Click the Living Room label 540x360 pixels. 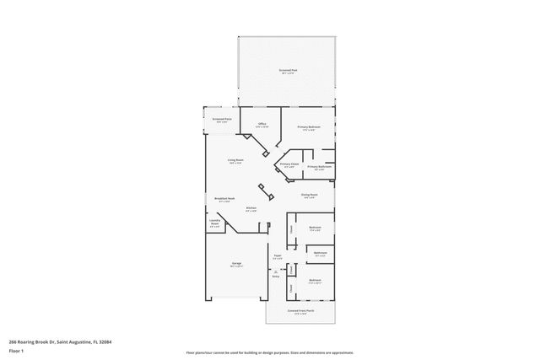pos(235,160)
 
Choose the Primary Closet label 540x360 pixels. pos(289,165)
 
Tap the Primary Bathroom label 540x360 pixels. pos(319,167)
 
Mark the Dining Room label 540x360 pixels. pos(310,196)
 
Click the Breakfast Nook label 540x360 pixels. pos(224,200)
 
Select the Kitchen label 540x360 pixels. pos(251,209)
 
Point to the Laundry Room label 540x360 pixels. pos(214,224)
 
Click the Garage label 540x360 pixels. pos(237,264)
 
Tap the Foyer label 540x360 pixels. pos(277,257)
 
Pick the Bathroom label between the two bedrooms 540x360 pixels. pos(321,253)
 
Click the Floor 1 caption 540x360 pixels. pos(17,350)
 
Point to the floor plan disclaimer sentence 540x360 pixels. pos(270,352)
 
